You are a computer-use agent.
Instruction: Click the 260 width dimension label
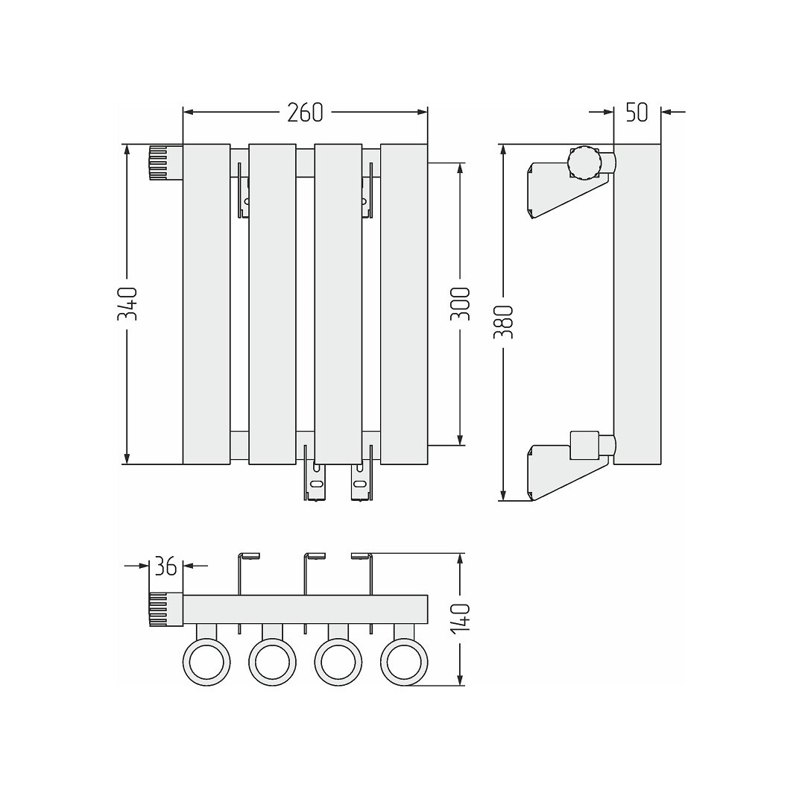pyautogui.click(x=305, y=113)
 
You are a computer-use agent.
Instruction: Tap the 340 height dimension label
pyautogui.click(x=127, y=304)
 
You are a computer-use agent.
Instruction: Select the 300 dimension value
pyautogui.click(x=460, y=304)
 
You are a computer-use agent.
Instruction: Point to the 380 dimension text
pyautogui.click(x=504, y=322)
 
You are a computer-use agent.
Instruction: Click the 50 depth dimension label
pyautogui.click(x=637, y=113)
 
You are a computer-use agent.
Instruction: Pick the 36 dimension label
pyautogui.click(x=165, y=566)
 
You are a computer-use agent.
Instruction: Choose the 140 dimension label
pyautogui.click(x=460, y=620)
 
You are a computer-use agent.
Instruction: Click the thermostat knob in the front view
pyautogui.click(x=165, y=162)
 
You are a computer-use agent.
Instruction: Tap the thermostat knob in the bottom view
pyautogui.click(x=165, y=610)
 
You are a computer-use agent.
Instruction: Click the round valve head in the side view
pyautogui.click(x=584, y=162)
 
